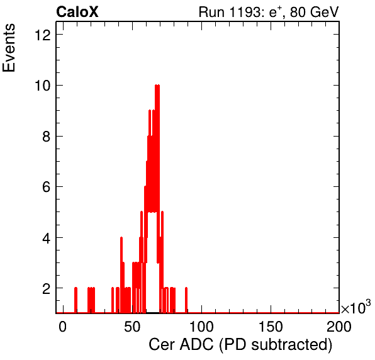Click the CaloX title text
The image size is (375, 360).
[77, 12]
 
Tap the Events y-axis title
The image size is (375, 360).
[9, 48]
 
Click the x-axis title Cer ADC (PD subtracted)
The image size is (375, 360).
[240, 345]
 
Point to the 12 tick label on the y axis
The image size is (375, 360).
[43, 35]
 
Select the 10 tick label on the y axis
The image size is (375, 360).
[43, 86]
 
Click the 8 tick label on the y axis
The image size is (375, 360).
[47, 137]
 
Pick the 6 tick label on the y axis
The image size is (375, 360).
[47, 187]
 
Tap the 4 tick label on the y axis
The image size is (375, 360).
[47, 238]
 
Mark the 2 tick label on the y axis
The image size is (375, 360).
[47, 288]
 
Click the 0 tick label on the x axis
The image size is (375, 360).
[63, 327]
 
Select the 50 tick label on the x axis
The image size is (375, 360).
[132, 327]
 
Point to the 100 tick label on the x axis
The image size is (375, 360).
[201, 327]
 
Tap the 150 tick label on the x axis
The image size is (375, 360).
[271, 327]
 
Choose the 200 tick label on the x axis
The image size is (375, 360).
[339, 327]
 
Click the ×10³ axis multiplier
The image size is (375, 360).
[356, 307]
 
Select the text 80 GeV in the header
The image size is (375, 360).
[315, 12]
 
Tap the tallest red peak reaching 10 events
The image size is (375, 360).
[157, 86]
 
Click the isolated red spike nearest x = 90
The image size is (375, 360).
[186, 300]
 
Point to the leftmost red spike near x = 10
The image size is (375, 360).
[76, 300]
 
